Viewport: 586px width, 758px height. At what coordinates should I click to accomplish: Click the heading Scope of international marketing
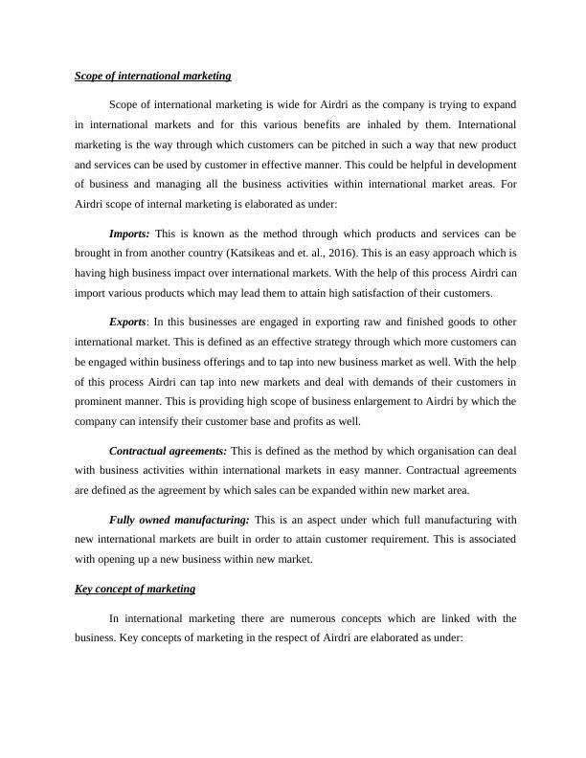[x=152, y=75]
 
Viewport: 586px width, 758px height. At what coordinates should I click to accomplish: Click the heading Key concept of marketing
[x=135, y=589]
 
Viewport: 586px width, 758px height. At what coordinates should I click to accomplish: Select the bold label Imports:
[x=129, y=233]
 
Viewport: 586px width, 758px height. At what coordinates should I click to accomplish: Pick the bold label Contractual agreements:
[x=169, y=450]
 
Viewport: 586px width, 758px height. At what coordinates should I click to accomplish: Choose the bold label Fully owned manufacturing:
[x=179, y=520]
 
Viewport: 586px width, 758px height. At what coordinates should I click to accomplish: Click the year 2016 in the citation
[x=385, y=253]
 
